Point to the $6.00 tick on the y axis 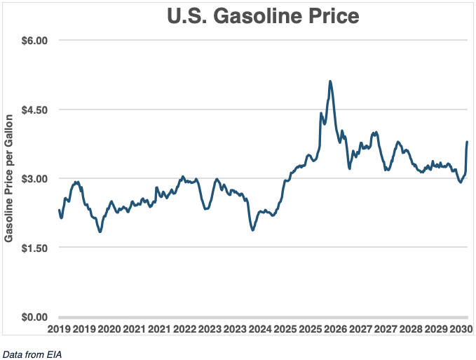click(x=32, y=41)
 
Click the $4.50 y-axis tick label click(x=32, y=110)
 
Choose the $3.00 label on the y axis click(x=32, y=179)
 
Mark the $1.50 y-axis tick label click(x=32, y=248)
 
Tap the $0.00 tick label click(x=32, y=317)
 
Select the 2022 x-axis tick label click(x=184, y=329)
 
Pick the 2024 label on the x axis click(x=260, y=329)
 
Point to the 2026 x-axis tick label click(x=335, y=329)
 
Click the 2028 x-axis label click(x=411, y=329)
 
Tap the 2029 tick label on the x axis click(x=436, y=329)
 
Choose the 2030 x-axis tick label click(x=461, y=329)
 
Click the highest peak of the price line click(x=329, y=81)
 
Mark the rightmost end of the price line click(x=467, y=142)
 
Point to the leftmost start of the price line click(x=59, y=210)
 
